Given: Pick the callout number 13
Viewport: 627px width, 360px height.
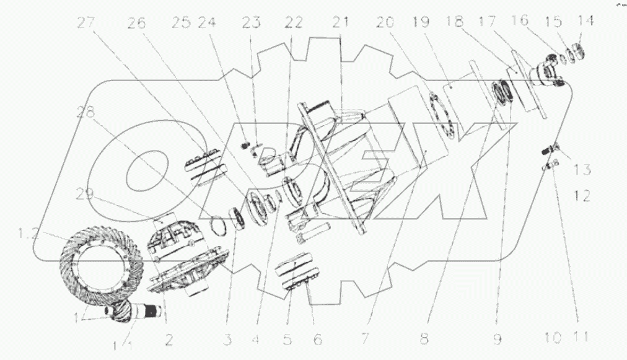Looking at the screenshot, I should pos(582,169).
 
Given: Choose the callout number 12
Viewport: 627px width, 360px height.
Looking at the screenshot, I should pos(582,197).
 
